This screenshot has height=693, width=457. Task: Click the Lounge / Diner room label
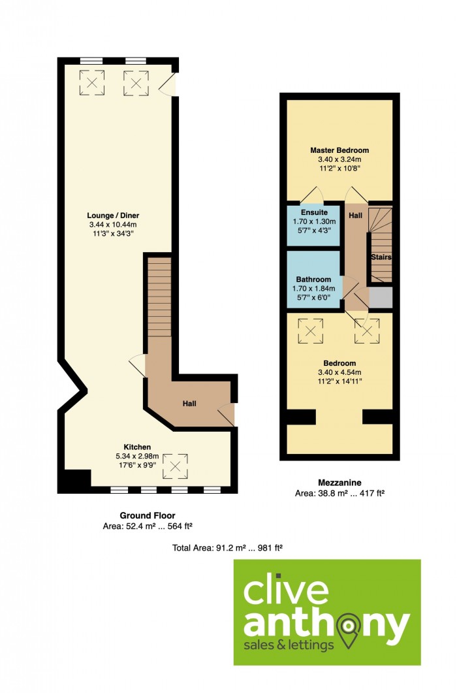tap(113, 216)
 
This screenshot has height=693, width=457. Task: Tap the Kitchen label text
tap(137, 447)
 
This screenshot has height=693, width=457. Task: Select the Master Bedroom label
tap(339, 150)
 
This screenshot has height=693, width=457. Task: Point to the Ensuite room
tap(314, 225)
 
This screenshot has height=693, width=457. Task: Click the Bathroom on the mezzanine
tap(314, 280)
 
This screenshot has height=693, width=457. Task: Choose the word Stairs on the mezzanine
tap(381, 257)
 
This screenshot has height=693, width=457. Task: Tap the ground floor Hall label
tap(189, 404)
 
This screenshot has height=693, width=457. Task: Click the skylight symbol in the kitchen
tap(175, 466)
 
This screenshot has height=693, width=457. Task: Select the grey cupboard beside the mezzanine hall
tap(381, 297)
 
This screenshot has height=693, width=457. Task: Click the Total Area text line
tap(227, 548)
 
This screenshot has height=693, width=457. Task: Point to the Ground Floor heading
tap(148, 515)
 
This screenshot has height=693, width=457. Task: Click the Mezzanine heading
tap(339, 483)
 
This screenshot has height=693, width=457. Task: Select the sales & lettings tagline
tap(289, 645)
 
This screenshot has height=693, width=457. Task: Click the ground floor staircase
tap(159, 297)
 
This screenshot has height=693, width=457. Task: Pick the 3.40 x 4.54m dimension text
tap(339, 372)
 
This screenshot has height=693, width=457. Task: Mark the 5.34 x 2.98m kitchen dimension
tap(137, 456)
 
